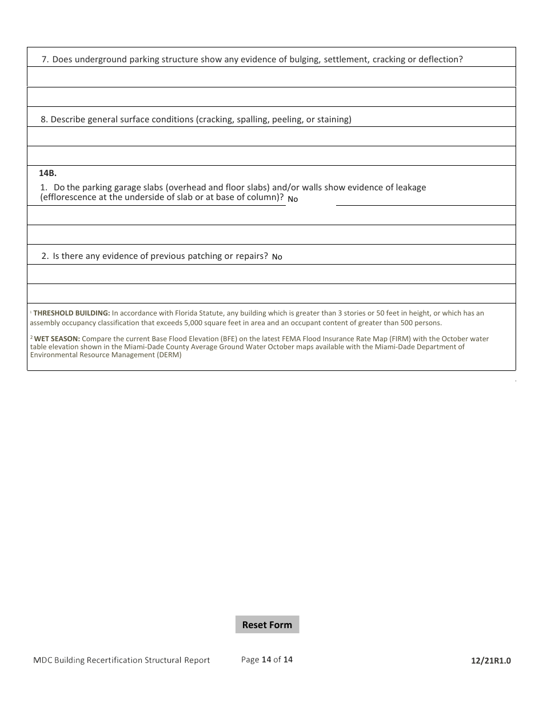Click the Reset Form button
click(x=267, y=625)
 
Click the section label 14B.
click(x=47, y=173)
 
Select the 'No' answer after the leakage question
click(x=293, y=199)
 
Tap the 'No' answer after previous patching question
click(x=277, y=257)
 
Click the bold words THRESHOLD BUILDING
click(x=71, y=313)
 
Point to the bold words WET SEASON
click(x=57, y=339)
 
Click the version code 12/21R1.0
click(x=491, y=661)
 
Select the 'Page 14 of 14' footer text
click(x=267, y=660)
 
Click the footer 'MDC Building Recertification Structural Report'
click(x=121, y=660)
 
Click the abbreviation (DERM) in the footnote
click(x=169, y=355)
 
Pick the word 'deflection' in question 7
click(x=440, y=59)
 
